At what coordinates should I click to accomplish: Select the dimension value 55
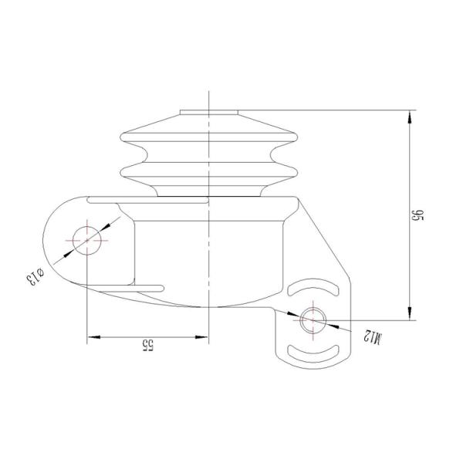coord(147,346)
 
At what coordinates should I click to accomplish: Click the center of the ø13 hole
coord(87,240)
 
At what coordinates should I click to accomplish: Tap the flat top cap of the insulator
coord(208,113)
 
